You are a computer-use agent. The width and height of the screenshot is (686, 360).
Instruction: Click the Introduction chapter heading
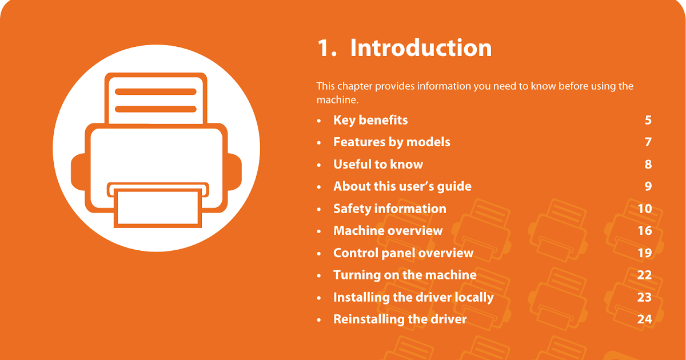click(x=404, y=48)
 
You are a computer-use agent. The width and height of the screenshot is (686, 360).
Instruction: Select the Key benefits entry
click(x=370, y=120)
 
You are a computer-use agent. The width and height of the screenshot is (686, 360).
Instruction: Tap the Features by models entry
click(x=392, y=142)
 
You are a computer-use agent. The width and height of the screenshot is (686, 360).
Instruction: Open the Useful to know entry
click(x=378, y=165)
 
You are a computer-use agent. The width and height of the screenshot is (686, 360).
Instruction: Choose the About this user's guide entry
click(x=402, y=186)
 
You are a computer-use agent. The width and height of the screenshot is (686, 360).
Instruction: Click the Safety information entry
click(x=389, y=209)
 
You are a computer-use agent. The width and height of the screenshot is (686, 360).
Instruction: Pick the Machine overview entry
click(x=388, y=230)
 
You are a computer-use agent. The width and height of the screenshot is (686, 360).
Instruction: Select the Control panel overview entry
click(x=404, y=253)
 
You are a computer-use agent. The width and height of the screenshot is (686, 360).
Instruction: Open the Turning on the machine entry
click(x=405, y=275)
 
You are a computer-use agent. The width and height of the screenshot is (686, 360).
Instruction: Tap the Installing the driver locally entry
click(x=413, y=297)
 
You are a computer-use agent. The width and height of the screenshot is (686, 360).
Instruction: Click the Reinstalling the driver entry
click(x=400, y=319)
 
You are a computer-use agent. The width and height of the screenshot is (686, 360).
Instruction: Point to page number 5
click(x=648, y=121)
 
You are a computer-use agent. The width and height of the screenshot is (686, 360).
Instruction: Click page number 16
click(x=645, y=231)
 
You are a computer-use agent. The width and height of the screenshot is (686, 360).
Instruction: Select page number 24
click(x=644, y=319)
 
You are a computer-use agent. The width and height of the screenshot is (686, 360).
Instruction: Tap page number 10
click(x=645, y=209)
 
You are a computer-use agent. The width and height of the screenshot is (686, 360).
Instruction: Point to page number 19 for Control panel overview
click(x=645, y=253)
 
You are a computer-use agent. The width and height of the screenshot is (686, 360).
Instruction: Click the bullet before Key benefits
click(x=319, y=121)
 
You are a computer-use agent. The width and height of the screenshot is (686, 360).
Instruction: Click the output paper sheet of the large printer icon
click(x=158, y=208)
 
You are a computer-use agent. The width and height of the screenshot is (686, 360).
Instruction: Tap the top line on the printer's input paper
click(x=155, y=91)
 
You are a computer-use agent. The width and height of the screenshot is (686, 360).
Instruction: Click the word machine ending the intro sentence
click(x=337, y=100)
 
